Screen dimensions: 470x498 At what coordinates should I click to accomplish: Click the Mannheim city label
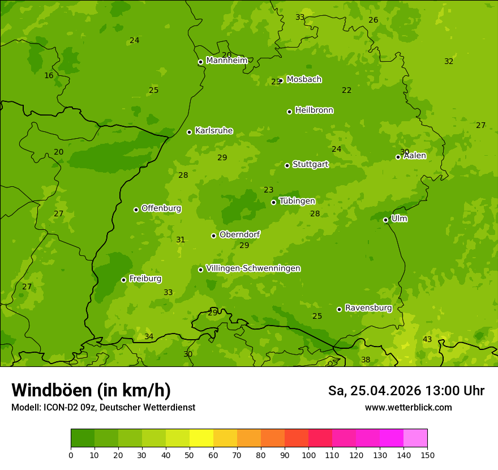point(226,61)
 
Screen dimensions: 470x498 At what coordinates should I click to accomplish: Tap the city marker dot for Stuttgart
point(287,165)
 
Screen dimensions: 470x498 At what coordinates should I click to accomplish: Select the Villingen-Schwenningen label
point(253,268)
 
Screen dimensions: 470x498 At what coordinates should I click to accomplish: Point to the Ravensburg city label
point(368,308)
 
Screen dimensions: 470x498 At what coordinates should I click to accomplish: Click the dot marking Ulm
point(385,220)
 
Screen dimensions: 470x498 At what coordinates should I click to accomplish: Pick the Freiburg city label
point(145,279)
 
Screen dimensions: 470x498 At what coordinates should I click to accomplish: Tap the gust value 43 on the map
point(427,339)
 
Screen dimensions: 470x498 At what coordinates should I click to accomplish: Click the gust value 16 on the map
point(49,75)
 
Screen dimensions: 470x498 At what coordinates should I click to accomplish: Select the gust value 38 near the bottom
point(366,360)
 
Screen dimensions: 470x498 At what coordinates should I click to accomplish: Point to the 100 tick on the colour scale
point(308,455)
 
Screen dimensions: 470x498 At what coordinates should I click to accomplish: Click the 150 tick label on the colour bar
point(427,455)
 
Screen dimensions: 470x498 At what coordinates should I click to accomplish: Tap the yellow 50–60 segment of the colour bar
point(201,438)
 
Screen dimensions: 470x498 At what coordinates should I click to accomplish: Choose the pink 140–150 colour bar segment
point(415,438)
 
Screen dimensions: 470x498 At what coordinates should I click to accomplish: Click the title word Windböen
point(51,390)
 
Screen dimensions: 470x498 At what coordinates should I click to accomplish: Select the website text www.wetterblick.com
point(408,407)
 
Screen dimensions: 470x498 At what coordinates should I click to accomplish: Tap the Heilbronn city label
point(314,110)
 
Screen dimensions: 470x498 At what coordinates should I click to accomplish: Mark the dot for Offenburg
point(136,210)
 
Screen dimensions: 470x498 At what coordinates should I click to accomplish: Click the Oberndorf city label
point(239,234)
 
